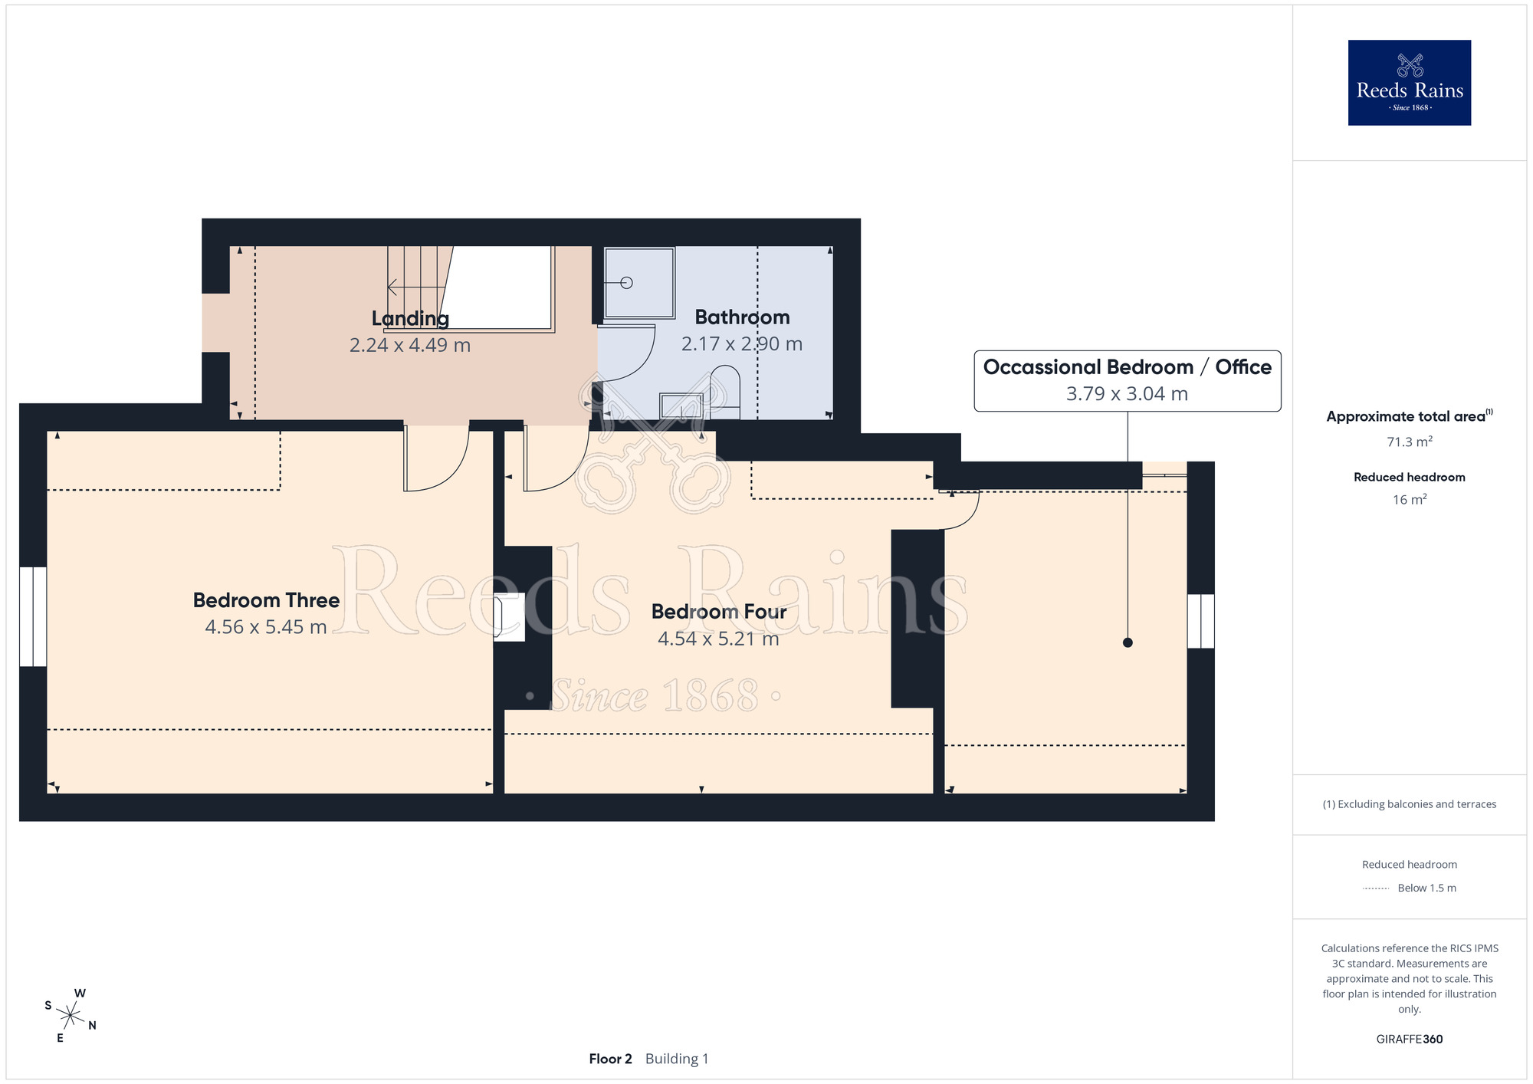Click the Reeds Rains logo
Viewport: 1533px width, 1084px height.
point(1409,83)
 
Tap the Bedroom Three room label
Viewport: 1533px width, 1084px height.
point(266,600)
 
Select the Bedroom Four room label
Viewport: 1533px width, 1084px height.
point(719,612)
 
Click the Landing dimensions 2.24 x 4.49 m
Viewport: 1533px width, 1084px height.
point(410,345)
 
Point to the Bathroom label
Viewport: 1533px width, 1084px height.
point(742,317)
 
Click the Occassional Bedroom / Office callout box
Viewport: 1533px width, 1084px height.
point(1128,381)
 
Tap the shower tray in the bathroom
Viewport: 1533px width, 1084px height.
point(639,283)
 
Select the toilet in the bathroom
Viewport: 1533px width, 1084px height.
point(725,392)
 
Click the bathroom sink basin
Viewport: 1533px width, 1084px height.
point(681,406)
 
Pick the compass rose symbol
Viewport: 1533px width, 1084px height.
point(70,1016)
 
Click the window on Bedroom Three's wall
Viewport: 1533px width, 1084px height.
point(33,616)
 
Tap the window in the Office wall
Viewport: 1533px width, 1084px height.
point(1201,621)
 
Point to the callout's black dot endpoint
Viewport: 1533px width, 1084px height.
point(1128,642)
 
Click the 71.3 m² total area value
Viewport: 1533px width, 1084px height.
point(1410,442)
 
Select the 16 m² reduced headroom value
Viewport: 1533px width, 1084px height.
point(1410,500)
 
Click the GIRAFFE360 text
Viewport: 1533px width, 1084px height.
point(1410,1040)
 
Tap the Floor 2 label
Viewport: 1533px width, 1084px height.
point(610,1059)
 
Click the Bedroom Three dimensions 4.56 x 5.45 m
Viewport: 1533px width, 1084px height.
point(266,627)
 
